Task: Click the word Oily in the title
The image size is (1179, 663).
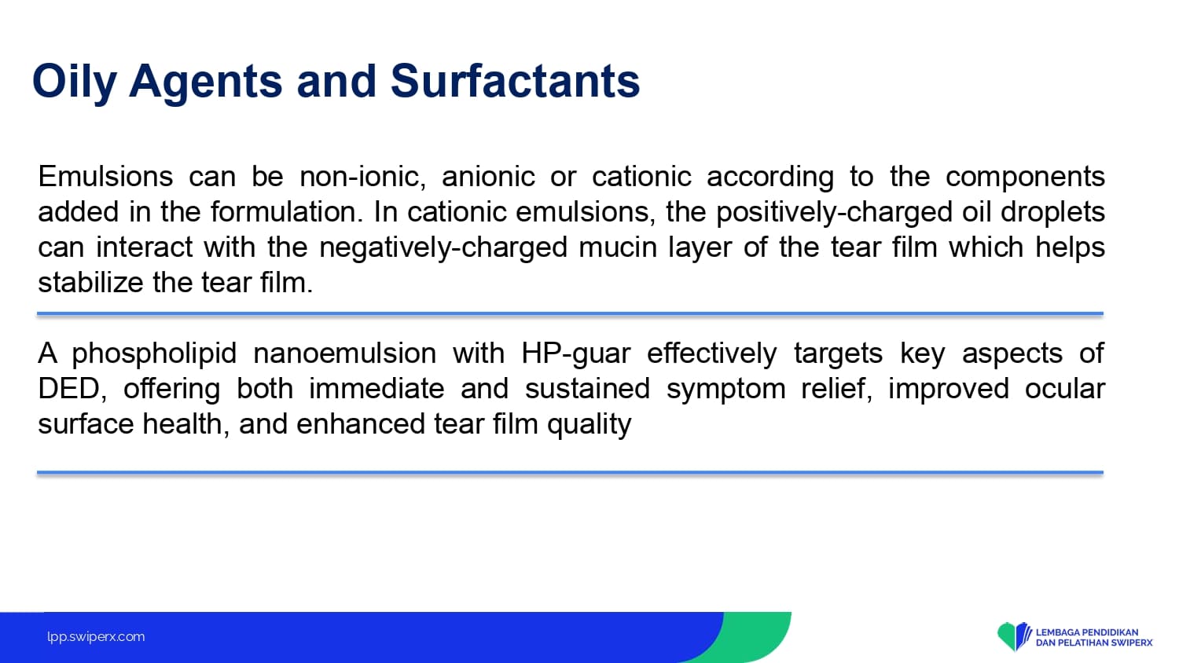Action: (74, 82)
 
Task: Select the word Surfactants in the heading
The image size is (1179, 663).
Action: (516, 81)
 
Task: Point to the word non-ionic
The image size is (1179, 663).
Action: (362, 176)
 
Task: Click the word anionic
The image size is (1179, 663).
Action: (488, 176)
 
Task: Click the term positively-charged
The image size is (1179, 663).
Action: (834, 213)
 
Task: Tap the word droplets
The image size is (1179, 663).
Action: (1052, 213)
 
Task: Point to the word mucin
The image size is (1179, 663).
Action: (618, 247)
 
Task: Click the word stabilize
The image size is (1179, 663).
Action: (90, 283)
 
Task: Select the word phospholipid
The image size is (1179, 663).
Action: (154, 353)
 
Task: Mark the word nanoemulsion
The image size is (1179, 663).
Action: (345, 353)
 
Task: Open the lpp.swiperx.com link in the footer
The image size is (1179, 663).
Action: (96, 637)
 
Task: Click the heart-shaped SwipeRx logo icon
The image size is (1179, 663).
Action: (1014, 636)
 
